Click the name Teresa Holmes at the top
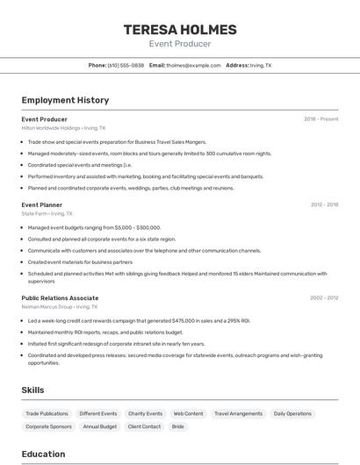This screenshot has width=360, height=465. (x=179, y=29)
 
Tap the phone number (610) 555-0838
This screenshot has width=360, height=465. (x=126, y=65)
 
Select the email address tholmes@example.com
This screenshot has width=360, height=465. (x=194, y=65)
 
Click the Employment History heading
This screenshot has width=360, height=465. (x=65, y=100)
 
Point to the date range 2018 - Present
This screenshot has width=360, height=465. (x=320, y=119)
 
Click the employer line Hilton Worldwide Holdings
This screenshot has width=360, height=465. (x=63, y=128)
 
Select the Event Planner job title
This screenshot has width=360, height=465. (x=42, y=204)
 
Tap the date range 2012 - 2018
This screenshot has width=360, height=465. (x=324, y=204)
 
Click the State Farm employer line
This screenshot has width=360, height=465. (x=47, y=213)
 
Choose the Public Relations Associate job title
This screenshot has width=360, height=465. (x=60, y=298)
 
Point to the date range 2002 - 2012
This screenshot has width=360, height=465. (x=324, y=298)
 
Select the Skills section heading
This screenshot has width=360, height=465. (x=32, y=390)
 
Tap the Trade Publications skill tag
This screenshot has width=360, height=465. (x=47, y=413)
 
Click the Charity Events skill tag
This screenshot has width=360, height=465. (x=145, y=413)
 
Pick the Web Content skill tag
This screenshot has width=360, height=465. (x=188, y=413)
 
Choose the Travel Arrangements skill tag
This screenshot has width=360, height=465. (x=238, y=413)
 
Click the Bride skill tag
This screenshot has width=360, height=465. (x=177, y=426)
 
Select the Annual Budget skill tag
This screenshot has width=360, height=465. (x=100, y=426)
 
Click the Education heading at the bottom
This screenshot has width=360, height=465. (x=43, y=454)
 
